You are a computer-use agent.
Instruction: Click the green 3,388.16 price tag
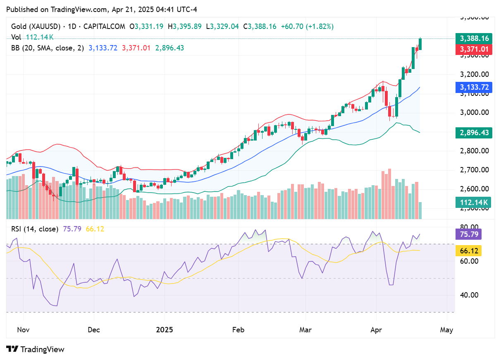[x=474, y=38]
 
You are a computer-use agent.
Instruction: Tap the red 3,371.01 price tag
[x=474, y=50]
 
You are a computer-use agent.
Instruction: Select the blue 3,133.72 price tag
[x=474, y=87]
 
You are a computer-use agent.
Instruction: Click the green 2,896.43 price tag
[x=474, y=133]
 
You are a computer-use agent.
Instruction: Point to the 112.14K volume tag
[x=474, y=203]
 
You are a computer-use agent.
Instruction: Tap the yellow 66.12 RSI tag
[x=469, y=250]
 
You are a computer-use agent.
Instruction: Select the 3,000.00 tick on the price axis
[x=474, y=112]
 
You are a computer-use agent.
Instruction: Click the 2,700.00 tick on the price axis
[x=474, y=170]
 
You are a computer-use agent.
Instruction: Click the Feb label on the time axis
[x=238, y=330]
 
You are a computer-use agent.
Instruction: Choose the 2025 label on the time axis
[x=165, y=330]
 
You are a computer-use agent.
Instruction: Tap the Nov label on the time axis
[x=24, y=330]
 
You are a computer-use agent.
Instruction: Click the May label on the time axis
[x=447, y=330]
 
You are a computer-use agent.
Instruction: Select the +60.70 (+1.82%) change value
[x=307, y=26]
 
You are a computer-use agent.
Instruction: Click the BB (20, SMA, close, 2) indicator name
[x=47, y=48]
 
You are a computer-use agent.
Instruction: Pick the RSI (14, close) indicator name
[x=35, y=229]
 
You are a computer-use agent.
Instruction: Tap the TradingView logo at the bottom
[x=36, y=349]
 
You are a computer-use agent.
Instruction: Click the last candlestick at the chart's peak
[x=420, y=43]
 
